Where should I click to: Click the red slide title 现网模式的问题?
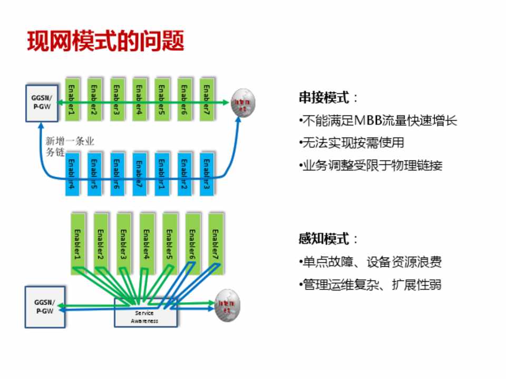tap(105, 41)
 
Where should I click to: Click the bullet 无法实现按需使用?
tap(351, 143)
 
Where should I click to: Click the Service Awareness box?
tap(145, 316)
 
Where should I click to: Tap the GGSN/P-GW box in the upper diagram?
tap(42, 102)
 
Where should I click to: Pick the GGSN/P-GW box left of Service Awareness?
tap(44, 306)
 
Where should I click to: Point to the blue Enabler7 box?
tap(140, 174)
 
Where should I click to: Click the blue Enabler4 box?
tap(72, 174)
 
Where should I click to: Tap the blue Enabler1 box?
tap(162, 174)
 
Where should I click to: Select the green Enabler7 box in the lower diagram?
tap(216, 243)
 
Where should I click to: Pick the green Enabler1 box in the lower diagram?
tap(78, 243)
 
